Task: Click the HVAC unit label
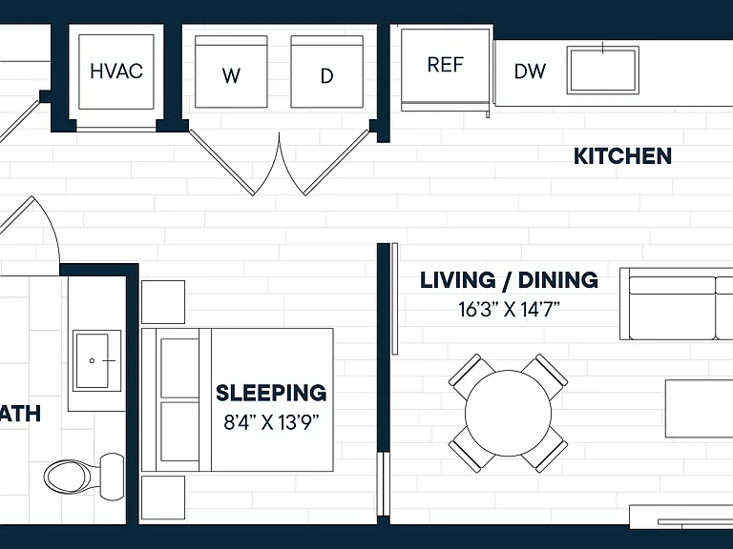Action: click(x=116, y=71)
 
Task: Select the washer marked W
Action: click(x=231, y=71)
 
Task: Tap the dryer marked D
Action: click(x=326, y=71)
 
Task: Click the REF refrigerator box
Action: click(x=445, y=70)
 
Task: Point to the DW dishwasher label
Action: click(x=530, y=71)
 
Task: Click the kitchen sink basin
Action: click(x=603, y=70)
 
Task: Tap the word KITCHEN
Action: click(x=622, y=156)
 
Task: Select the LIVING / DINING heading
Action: click(x=509, y=280)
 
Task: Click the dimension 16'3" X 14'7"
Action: click(x=509, y=309)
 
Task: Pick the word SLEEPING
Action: click(x=271, y=393)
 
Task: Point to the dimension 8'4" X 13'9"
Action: click(x=271, y=422)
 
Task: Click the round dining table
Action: click(x=508, y=413)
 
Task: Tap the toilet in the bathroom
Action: click(x=85, y=477)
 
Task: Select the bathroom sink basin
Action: click(x=96, y=360)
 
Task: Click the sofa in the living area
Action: click(x=676, y=304)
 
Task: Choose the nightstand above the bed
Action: click(x=163, y=302)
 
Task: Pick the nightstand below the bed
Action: click(x=163, y=498)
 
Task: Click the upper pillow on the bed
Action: click(x=180, y=368)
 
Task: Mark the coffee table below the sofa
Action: click(x=700, y=409)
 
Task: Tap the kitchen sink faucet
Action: click(x=603, y=48)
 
